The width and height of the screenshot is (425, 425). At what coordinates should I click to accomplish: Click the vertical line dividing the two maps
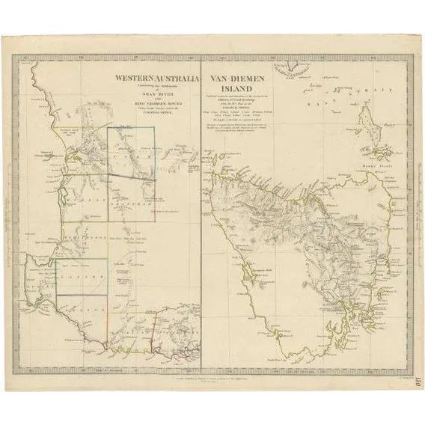tap(201, 224)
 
